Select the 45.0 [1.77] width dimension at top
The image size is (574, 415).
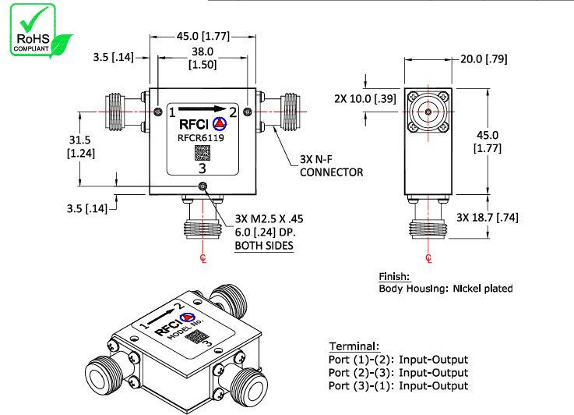click(x=202, y=36)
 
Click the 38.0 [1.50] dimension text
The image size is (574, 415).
click(x=202, y=58)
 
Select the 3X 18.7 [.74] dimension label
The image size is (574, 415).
click(x=488, y=217)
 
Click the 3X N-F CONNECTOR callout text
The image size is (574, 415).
click(x=331, y=166)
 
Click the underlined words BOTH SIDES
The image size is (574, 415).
click(x=264, y=245)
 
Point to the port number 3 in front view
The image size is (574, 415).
click(x=202, y=168)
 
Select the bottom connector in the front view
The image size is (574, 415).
click(x=202, y=222)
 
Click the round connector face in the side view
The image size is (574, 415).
click(x=428, y=112)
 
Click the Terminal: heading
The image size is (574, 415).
click(x=354, y=346)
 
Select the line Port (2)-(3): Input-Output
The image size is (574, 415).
click(x=398, y=372)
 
